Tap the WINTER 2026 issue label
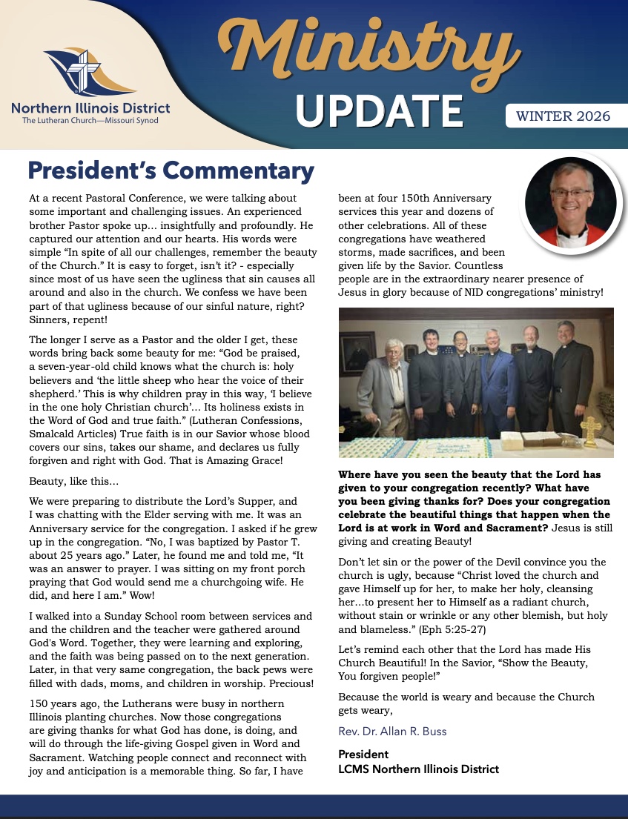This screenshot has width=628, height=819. (x=563, y=116)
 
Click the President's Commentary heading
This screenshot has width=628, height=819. (x=171, y=171)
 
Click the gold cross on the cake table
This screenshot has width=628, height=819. (x=589, y=430)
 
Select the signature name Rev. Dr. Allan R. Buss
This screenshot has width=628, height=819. (x=393, y=732)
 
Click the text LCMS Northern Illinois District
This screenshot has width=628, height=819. (x=419, y=769)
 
